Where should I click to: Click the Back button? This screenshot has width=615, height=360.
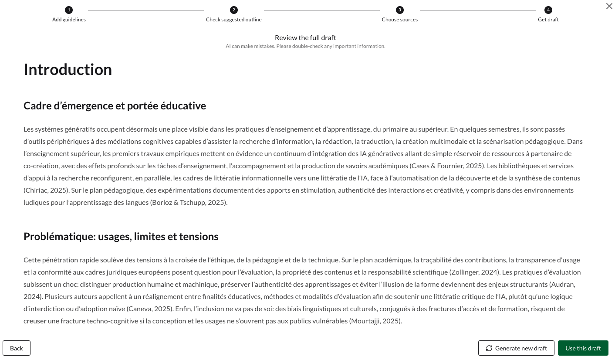click(x=17, y=348)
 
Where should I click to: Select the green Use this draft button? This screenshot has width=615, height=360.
click(x=583, y=348)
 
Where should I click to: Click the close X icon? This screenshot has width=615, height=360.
click(x=609, y=6)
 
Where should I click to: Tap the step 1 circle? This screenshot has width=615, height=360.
click(x=69, y=10)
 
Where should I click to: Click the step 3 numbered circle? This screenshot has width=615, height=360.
click(x=399, y=10)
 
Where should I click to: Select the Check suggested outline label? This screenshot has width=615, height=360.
click(x=234, y=20)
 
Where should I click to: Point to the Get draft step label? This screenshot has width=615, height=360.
click(x=548, y=20)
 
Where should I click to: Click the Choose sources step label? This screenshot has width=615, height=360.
click(x=399, y=20)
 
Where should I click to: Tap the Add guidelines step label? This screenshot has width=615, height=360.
click(x=69, y=20)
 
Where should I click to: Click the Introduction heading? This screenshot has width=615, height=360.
click(x=68, y=70)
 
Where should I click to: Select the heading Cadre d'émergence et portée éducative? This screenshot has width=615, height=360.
click(x=115, y=106)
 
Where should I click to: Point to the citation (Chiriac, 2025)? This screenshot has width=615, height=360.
click(x=45, y=190)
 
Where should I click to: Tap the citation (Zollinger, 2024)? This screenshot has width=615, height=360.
click(x=474, y=272)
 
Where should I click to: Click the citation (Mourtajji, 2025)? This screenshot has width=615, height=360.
click(x=375, y=321)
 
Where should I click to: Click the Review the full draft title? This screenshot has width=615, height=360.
click(x=305, y=38)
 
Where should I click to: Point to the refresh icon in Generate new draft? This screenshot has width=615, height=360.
click(x=489, y=348)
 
